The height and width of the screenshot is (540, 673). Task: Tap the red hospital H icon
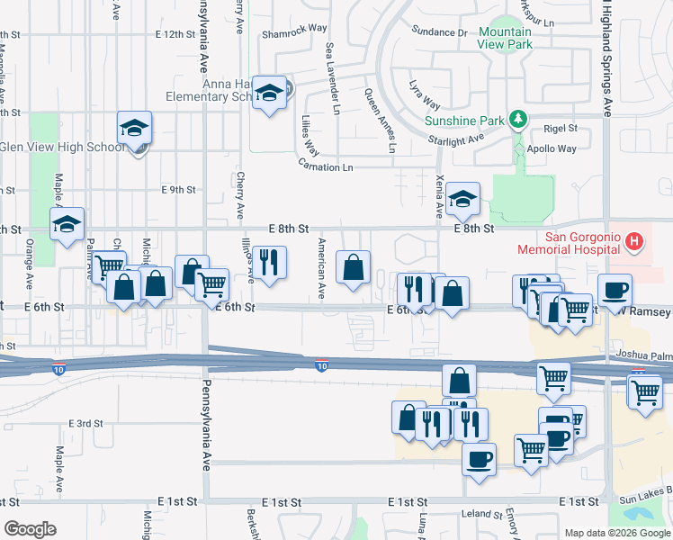point(634,241)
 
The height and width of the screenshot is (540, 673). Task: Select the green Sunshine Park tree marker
point(517,118)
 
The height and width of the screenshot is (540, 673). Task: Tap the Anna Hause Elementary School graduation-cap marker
point(269,94)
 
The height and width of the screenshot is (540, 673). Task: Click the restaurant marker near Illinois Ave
point(269,263)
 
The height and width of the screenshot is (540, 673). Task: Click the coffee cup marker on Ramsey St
point(615,290)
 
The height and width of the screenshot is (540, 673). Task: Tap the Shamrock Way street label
point(293,28)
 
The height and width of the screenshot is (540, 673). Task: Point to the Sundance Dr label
point(441,32)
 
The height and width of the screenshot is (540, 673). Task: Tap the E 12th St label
point(175,34)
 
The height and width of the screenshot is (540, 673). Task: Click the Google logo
point(29,529)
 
